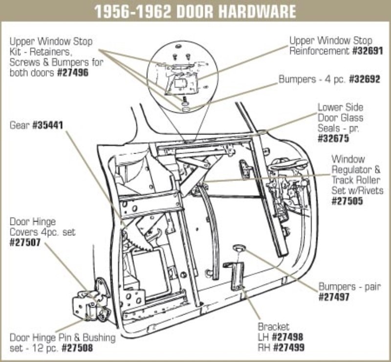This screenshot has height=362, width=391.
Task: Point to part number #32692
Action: click(x=364, y=79)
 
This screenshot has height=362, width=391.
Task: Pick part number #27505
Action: click(x=347, y=200)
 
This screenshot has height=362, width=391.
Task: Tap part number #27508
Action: click(x=76, y=348)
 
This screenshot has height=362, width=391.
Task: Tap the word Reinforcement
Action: click(x=319, y=50)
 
